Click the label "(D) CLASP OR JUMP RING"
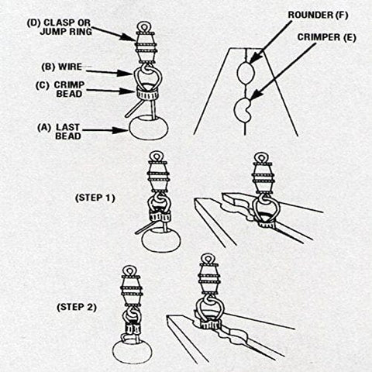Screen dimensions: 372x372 coord(60,27)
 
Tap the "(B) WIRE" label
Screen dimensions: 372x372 coord(62,67)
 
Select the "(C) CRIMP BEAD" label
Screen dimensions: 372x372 coord(60,89)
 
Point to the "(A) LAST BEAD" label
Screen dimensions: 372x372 coord(59,132)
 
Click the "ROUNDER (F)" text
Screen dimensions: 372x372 coord(318,15)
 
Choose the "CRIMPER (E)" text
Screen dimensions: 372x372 coord(327,37)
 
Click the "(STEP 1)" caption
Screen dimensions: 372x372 coord(95,198)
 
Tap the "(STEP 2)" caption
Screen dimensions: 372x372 coord(77,307)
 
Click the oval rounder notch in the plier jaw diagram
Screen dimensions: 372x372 coord(246,73)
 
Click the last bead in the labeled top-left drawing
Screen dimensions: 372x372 coord(149,127)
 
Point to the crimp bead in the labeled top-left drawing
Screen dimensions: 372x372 coord(146,95)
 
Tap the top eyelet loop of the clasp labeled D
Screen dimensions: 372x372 coord(144,26)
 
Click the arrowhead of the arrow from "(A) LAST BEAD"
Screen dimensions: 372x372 coord(122,130)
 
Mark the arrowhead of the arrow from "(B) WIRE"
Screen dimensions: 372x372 coord(127,73)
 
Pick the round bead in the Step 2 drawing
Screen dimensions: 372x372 coord(133,352)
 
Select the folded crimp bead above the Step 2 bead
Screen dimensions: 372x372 coord(133,329)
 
